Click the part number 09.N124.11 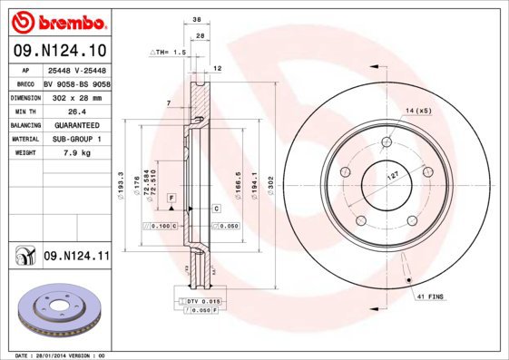coord(75,258)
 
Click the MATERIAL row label coord(24,139)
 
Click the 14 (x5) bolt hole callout coord(418,110)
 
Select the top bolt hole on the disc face coord(387,142)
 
